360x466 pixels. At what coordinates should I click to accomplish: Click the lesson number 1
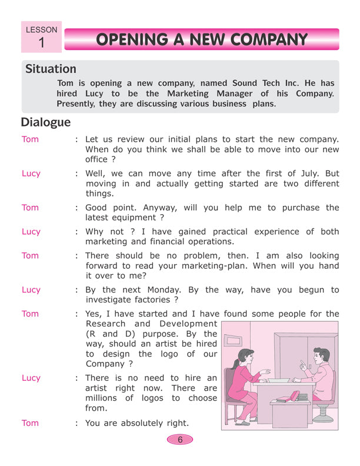coord(41,42)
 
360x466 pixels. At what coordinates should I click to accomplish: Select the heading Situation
coord(51,69)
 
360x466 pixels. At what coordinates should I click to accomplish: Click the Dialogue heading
coord(46,122)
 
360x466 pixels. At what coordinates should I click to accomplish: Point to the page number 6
coord(180,439)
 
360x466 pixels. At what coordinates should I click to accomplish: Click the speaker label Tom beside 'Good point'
coord(30,207)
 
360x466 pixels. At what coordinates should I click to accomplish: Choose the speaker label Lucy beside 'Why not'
coord(31,231)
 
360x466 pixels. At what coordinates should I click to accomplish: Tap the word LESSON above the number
coord(41,29)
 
